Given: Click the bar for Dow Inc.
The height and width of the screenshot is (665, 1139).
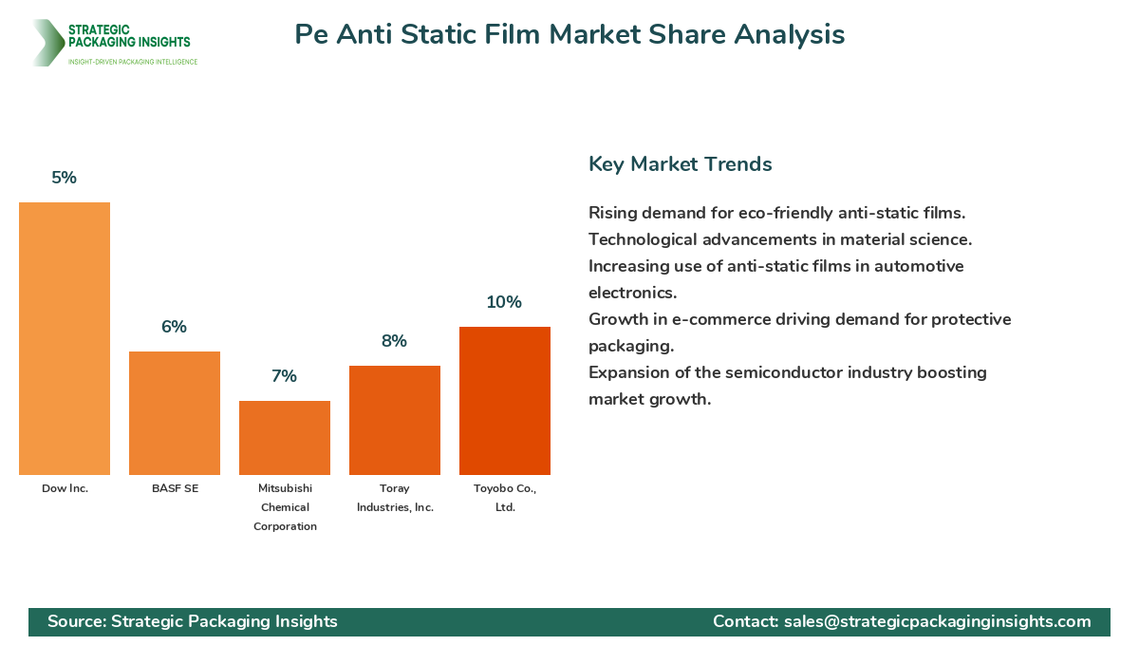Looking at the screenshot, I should [65, 338].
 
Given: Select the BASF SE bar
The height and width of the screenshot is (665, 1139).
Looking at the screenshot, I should [175, 413].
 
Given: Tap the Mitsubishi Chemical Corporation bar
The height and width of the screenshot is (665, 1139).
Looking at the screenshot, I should [285, 438].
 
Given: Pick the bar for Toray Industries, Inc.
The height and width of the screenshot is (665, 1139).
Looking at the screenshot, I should [395, 420].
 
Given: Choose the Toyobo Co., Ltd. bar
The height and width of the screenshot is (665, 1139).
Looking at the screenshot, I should [505, 401].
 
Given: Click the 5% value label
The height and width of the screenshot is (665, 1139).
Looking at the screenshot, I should [65, 178].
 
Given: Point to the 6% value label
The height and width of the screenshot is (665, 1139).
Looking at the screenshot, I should [175, 327].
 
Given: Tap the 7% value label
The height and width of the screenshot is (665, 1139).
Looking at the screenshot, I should [285, 376].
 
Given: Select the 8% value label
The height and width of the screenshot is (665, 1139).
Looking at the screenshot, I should [395, 341].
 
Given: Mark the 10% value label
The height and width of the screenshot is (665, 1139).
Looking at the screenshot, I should [505, 302].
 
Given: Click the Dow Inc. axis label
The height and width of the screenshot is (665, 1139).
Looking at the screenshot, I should [65, 488].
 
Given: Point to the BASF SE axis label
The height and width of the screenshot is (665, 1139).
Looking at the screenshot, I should [175, 488].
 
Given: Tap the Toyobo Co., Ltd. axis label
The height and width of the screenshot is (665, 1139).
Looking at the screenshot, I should [505, 497].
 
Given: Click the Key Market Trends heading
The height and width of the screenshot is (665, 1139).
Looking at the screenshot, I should [681, 164].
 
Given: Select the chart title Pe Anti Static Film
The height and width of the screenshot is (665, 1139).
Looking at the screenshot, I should [569, 35].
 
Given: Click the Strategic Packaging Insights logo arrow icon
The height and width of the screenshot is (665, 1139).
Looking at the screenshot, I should [47, 43].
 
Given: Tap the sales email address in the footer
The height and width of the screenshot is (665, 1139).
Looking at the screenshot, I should [938, 621].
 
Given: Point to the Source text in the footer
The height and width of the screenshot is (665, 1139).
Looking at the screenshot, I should [193, 621].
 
